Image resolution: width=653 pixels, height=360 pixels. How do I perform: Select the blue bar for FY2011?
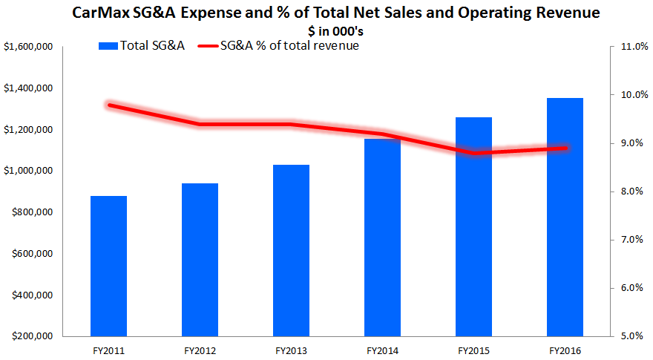(x=108, y=266)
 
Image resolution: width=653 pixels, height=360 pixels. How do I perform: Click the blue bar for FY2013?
(x=291, y=250)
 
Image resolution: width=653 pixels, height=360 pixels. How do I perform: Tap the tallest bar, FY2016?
(x=565, y=217)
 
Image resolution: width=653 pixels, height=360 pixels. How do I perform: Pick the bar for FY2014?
(x=382, y=237)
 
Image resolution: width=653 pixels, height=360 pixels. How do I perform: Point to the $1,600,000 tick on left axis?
(x=27, y=47)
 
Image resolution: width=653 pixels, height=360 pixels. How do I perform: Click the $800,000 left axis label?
(x=30, y=212)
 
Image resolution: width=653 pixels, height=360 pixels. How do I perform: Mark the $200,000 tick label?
(x=30, y=336)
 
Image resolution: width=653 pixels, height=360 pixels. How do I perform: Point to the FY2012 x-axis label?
(x=200, y=349)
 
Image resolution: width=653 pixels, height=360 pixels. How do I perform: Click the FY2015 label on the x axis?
(x=473, y=349)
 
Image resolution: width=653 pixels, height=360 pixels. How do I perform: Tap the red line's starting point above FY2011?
(x=108, y=105)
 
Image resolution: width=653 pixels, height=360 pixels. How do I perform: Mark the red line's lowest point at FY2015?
(x=473, y=153)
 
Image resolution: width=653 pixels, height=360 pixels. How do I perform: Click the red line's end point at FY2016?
(x=565, y=148)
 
